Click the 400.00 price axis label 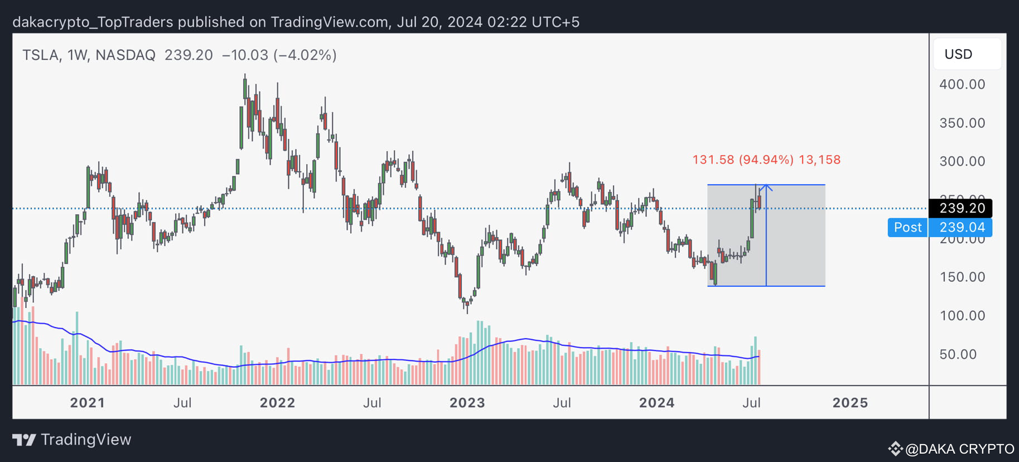click(962, 84)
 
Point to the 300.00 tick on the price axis click(962, 161)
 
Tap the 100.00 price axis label click(962, 316)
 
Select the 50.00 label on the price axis click(958, 354)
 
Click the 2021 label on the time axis click(87, 403)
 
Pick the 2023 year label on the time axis click(467, 403)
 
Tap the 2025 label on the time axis click(849, 403)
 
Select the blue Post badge click(907, 228)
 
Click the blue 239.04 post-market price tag click(962, 228)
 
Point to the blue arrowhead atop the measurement click(766, 187)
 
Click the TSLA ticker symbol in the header click(41, 55)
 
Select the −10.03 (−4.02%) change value click(279, 55)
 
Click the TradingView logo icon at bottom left click(24, 440)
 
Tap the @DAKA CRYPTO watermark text click(959, 449)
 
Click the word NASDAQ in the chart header click(125, 55)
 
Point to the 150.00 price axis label click(962, 277)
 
